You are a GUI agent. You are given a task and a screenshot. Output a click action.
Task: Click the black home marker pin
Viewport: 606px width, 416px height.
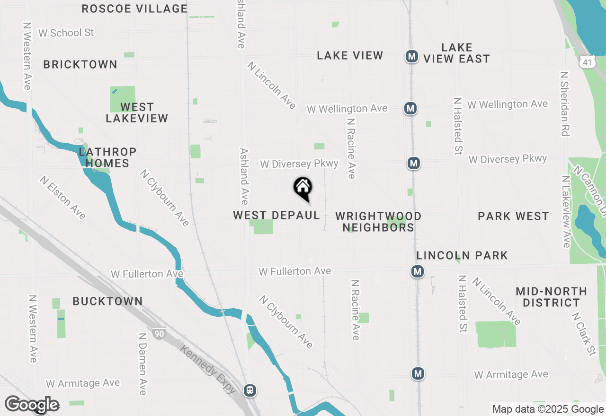[x=303, y=188]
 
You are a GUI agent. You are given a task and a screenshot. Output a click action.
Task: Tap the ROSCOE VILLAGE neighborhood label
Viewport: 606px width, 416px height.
[x=134, y=9]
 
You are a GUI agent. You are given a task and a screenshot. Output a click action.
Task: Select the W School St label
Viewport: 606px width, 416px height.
[x=66, y=33]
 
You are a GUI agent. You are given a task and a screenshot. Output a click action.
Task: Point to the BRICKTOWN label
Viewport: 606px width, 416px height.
[x=80, y=64]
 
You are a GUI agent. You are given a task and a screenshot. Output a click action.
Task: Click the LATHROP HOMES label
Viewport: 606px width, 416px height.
[x=107, y=157]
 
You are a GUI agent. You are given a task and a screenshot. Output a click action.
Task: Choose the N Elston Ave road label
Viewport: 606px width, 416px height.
[x=62, y=198]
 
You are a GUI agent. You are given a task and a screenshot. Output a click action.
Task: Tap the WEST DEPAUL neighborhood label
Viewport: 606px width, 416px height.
[x=276, y=216]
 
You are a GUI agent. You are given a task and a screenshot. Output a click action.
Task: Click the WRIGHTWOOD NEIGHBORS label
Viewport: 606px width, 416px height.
[x=378, y=222]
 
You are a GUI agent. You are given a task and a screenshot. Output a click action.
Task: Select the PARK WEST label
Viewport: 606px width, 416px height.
[x=513, y=216]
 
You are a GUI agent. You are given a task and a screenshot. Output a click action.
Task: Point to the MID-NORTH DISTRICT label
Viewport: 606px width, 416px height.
[x=551, y=297]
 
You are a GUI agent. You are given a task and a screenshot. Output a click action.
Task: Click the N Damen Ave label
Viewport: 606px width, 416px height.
[x=142, y=364]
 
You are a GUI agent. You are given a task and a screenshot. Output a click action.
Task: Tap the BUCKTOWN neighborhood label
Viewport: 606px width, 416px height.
[x=107, y=301]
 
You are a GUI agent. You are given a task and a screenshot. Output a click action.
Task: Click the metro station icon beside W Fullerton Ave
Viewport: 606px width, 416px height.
[x=417, y=271]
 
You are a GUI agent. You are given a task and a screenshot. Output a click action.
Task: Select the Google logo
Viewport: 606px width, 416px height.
[x=32, y=405]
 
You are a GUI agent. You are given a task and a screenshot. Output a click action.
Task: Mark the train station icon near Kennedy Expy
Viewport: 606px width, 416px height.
[x=250, y=390]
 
